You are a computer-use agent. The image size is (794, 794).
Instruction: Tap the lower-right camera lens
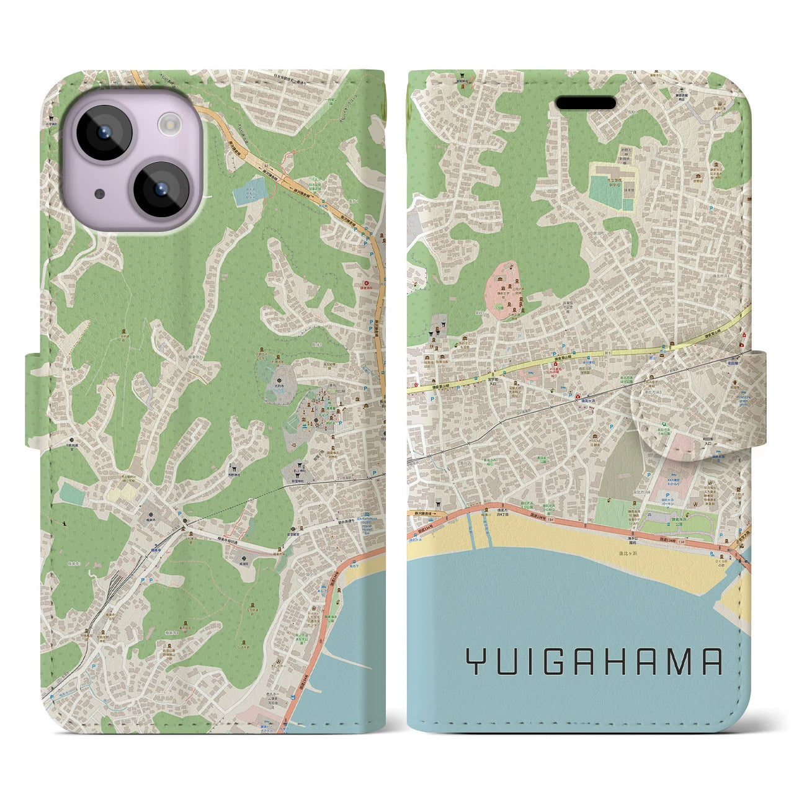pyautogui.click(x=159, y=189)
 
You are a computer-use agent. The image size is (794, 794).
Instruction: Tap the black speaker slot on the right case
pyautogui.click(x=585, y=102)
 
